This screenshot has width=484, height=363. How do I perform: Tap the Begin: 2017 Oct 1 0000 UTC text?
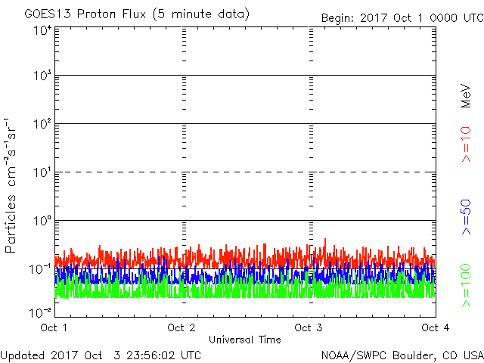(402, 17)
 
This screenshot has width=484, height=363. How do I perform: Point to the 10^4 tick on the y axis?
(42, 30)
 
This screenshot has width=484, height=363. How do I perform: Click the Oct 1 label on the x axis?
(54, 327)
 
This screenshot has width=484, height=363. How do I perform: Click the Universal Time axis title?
(244, 340)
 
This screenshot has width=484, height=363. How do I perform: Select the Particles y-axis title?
(13, 185)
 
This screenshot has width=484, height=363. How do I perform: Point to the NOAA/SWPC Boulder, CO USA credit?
(401, 354)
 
